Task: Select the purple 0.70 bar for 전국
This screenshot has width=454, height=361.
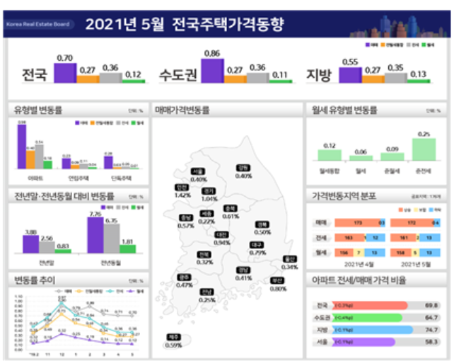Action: (x=65, y=73)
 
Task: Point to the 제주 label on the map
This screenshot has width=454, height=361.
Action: (x=173, y=338)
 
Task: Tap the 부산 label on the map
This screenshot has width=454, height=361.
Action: (x=278, y=281)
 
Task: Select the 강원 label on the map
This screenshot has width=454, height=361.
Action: (x=243, y=168)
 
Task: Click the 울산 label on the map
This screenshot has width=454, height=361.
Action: (x=289, y=259)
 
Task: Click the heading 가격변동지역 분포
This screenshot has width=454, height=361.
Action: (x=344, y=196)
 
